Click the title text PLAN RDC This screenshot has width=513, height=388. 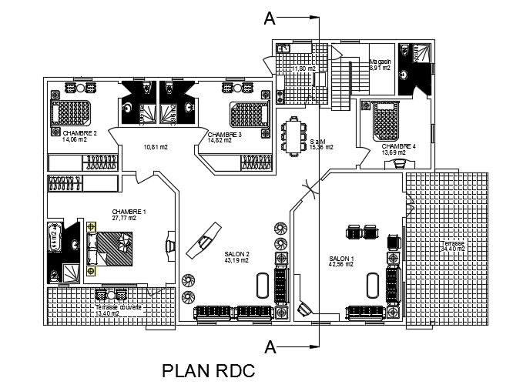207,371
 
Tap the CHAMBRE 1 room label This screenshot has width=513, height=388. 129,211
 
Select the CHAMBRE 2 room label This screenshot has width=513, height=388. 69,133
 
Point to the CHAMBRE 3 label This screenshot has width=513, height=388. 224,134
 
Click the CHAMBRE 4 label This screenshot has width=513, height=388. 398,146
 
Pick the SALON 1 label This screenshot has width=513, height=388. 341,259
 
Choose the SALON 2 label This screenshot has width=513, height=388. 236,254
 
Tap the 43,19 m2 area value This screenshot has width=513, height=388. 236,260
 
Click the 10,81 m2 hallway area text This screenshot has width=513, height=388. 156,146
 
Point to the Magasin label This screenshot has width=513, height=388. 381,62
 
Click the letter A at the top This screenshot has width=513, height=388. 270,16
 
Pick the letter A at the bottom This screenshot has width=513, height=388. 270,346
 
